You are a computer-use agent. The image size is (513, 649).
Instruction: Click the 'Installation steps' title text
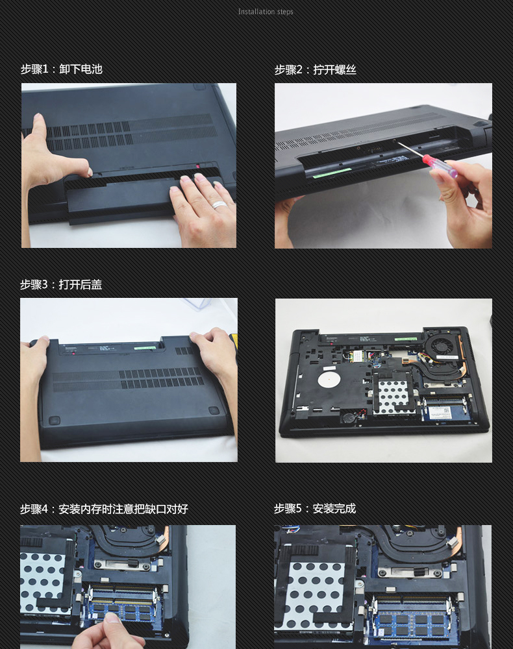(x=266, y=12)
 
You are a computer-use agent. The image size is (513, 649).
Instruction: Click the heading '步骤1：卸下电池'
(x=62, y=69)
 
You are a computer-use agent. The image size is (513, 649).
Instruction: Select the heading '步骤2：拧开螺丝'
(x=315, y=69)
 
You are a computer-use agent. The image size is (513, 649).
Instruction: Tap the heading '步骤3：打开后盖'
(x=61, y=284)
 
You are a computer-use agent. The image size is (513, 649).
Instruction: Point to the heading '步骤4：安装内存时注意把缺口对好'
(x=104, y=509)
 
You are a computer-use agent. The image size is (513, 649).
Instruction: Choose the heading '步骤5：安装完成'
(x=315, y=508)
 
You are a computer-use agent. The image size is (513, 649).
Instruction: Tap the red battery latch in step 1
(x=198, y=167)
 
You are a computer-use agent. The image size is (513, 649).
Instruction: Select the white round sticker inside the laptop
(x=329, y=379)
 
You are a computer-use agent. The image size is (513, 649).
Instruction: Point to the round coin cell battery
(x=349, y=417)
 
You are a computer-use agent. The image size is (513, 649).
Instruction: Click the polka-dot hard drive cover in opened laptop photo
(x=392, y=396)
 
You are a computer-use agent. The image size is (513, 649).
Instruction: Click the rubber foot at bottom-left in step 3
(x=55, y=421)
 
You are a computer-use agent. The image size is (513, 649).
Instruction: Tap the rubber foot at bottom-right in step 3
(x=214, y=410)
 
